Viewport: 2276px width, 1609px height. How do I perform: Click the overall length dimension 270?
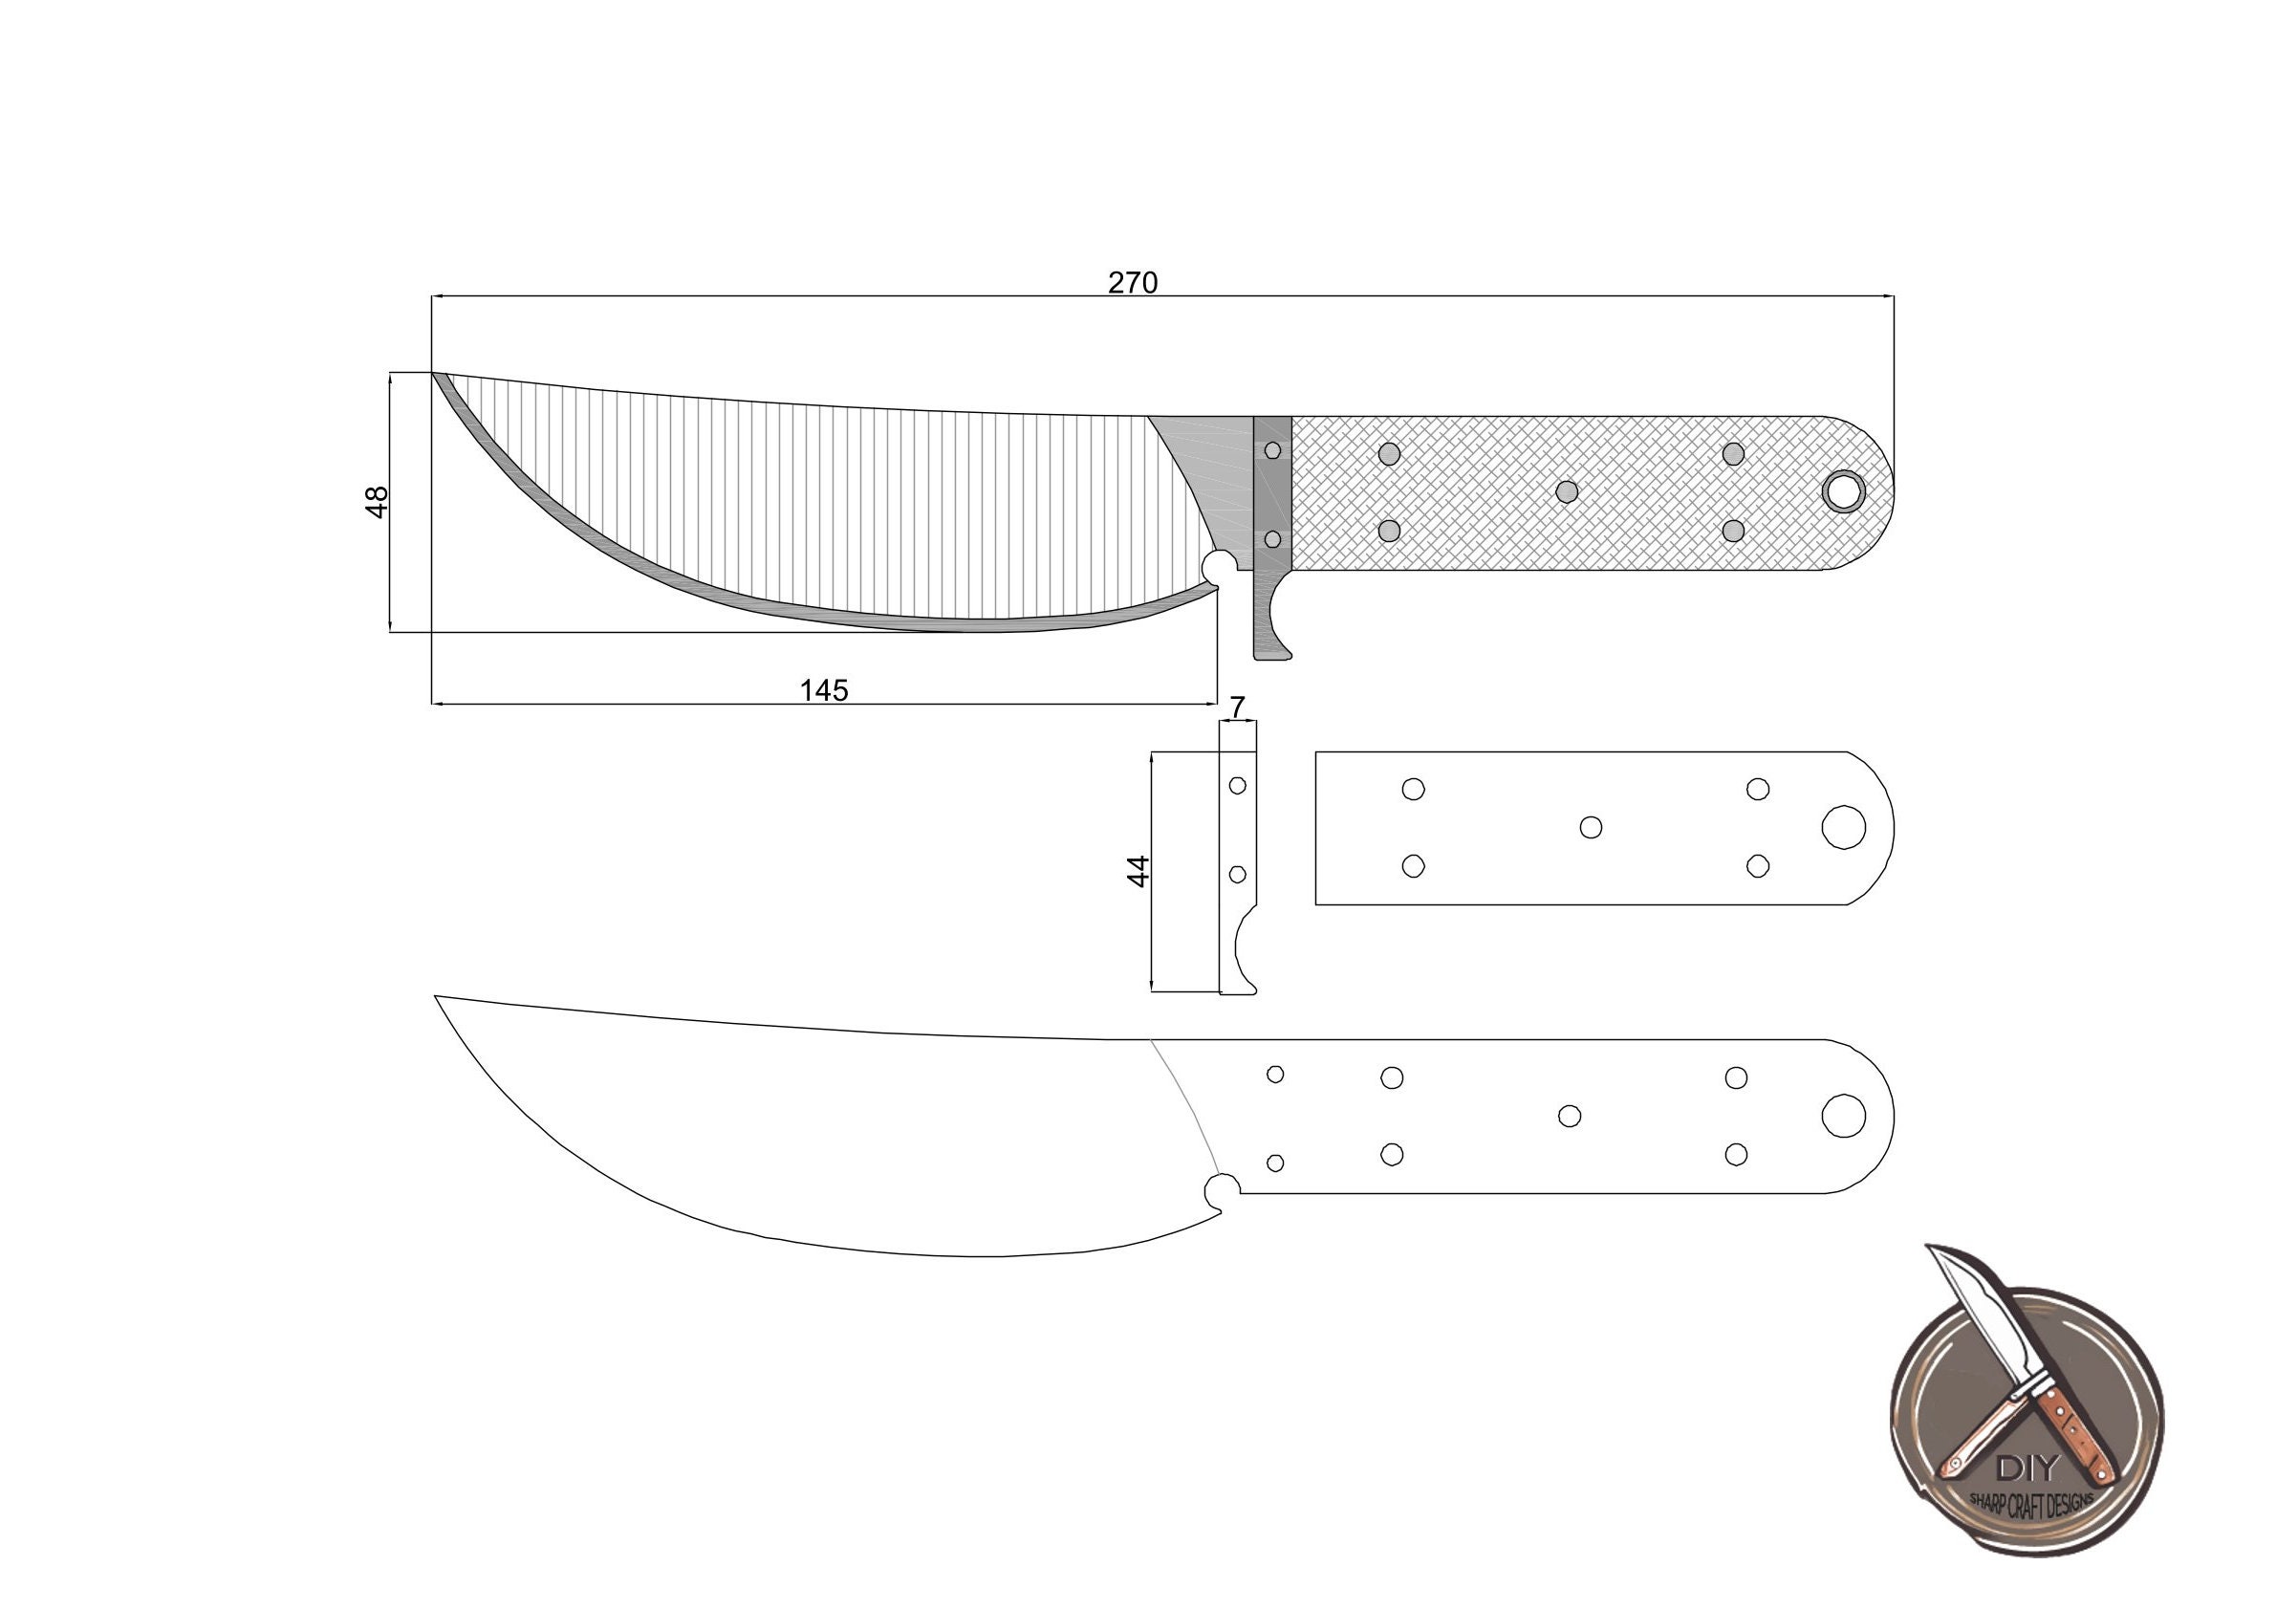click(1132, 284)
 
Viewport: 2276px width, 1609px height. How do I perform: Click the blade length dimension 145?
click(824, 690)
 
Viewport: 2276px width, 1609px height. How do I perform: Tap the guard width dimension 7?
click(1237, 707)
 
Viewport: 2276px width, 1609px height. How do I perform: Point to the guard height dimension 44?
click(1139, 870)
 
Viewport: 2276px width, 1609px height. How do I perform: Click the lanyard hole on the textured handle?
click(1844, 491)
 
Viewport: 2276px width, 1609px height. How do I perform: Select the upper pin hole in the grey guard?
click(1274, 451)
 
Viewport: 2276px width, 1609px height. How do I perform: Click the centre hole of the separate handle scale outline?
click(1591, 827)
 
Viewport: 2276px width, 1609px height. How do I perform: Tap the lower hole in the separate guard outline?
click(1237, 875)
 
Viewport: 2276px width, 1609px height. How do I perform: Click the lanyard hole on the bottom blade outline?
click(1844, 1116)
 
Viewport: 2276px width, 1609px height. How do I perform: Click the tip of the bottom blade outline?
click(437, 996)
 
